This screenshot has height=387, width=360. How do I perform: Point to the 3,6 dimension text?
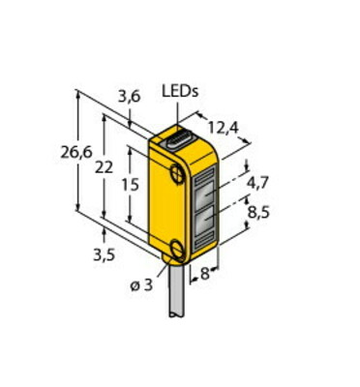click(129, 97)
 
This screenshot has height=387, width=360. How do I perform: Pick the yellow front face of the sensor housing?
click(165, 208)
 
